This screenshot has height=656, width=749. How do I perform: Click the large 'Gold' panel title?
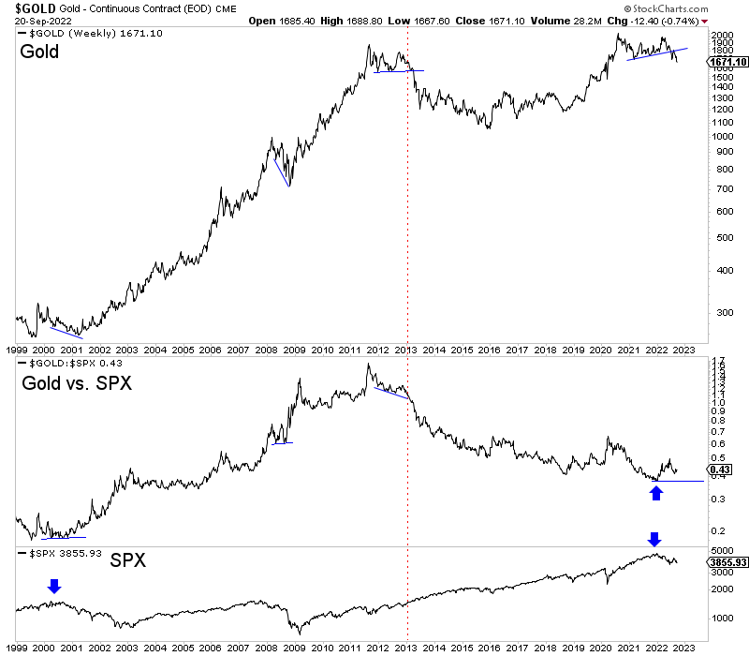click(38, 52)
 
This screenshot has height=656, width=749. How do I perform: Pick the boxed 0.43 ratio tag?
click(720, 470)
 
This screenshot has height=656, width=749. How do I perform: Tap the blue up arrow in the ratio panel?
click(656, 491)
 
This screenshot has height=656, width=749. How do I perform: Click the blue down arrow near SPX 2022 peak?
click(654, 539)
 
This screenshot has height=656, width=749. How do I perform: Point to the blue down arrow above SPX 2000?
click(54, 586)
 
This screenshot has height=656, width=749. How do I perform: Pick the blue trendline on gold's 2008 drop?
click(281, 171)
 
